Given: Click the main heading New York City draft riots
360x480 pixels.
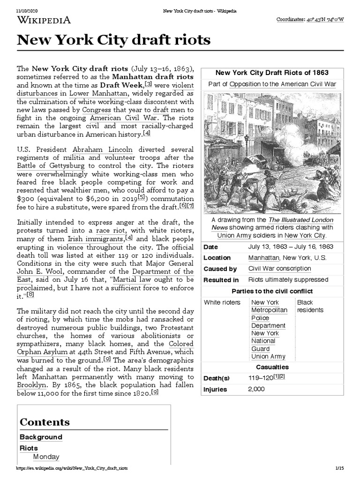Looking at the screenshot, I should click(113, 40).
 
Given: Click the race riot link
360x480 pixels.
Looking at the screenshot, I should click(109, 231).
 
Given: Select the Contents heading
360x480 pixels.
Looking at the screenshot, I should click(45, 422).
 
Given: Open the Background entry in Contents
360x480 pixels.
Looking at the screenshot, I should click(41, 437).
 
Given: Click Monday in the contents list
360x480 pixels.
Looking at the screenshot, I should click(46, 457).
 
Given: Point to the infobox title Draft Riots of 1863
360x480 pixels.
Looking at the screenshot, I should click(272, 73).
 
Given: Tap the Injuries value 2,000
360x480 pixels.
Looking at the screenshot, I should click(256, 389).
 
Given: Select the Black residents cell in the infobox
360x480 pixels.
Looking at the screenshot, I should click(310, 306).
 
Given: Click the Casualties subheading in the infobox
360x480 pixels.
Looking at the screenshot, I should click(272, 367).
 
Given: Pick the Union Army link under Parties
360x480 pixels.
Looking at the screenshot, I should click(268, 356).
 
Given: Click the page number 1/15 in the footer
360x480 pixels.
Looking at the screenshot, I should click(339, 468).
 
